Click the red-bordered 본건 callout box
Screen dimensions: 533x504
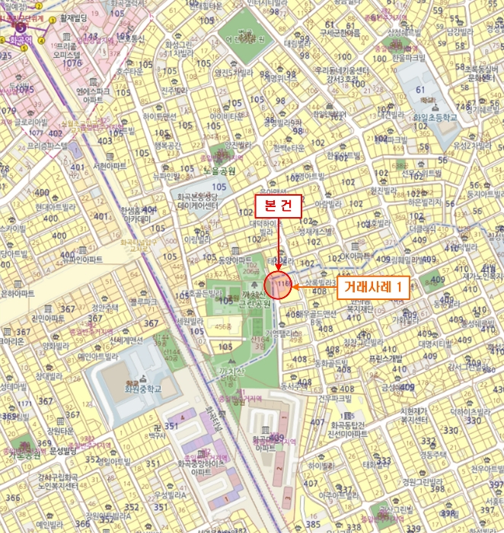click(278, 206)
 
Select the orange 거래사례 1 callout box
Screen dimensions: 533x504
click(373, 287)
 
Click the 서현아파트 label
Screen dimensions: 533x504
click(110, 165)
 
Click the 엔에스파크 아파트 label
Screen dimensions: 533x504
click(91, 94)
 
